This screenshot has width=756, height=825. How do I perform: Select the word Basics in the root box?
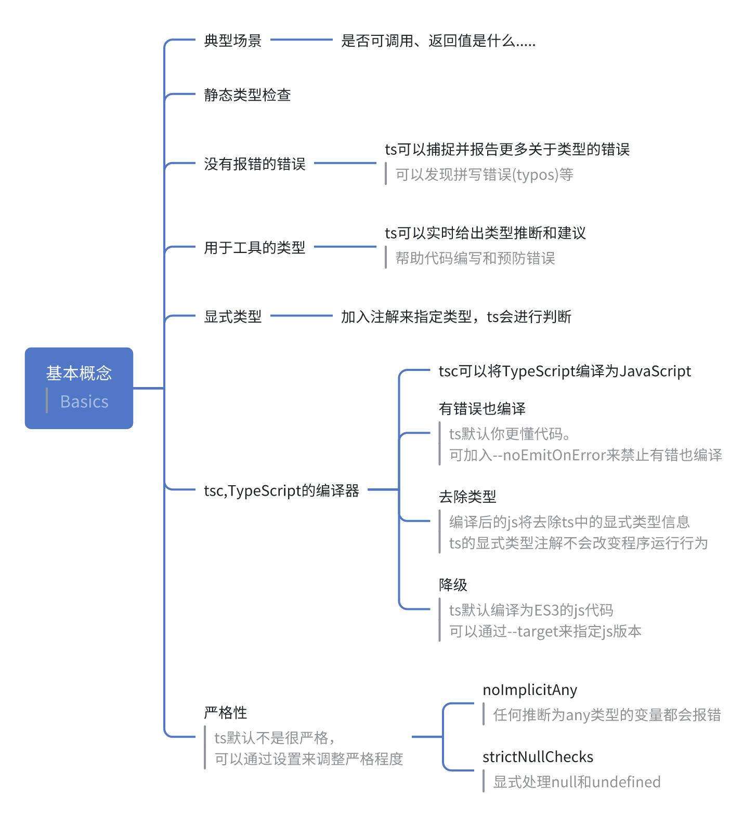tap(84, 402)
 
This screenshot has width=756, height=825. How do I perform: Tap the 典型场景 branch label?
tap(232, 41)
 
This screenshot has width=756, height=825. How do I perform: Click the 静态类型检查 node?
tap(247, 95)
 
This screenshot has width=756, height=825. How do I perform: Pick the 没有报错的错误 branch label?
tap(254, 164)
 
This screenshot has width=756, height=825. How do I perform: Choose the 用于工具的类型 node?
tap(254, 248)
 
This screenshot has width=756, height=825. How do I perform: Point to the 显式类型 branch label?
tap(232, 316)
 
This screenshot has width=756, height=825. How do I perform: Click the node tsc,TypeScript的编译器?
tap(281, 490)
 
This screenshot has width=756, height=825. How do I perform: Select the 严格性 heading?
tap(225, 713)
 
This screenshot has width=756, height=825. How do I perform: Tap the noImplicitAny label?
tap(530, 690)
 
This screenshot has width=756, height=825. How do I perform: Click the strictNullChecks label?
tap(538, 757)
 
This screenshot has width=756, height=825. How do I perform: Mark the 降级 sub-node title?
tap(453, 585)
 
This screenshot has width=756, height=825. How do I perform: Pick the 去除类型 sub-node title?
tap(467, 497)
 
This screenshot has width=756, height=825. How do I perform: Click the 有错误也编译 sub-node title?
tap(482, 409)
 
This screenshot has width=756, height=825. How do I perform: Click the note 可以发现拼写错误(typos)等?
tap(484, 175)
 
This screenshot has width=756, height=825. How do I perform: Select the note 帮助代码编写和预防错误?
tap(475, 258)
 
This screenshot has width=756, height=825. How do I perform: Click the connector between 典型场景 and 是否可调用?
tap(302, 39)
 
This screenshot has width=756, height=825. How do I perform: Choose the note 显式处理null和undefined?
tap(577, 782)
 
